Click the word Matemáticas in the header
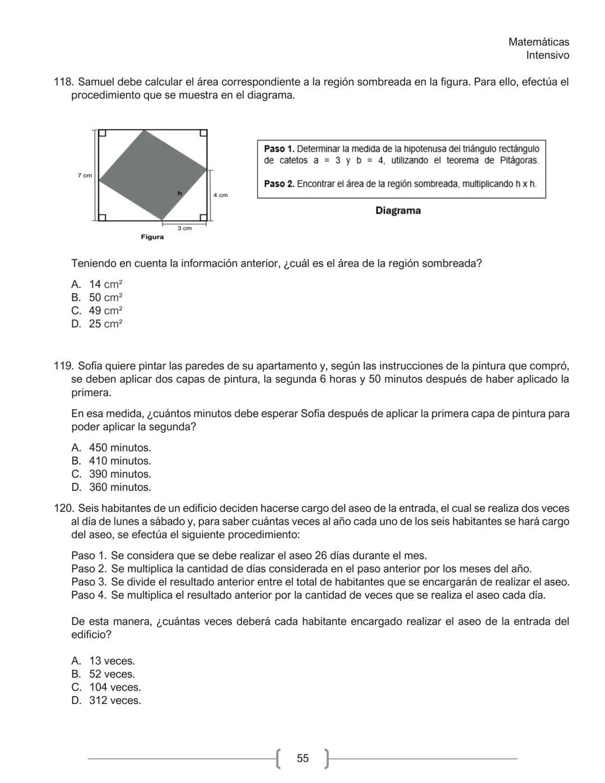[538, 42]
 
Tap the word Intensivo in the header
[547, 55]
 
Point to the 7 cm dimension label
[85, 175]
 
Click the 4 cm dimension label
[220, 195]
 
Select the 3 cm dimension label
[184, 228]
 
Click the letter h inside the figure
[180, 193]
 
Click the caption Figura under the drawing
[152, 237]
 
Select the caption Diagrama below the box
[398, 211]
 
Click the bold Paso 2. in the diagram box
[278, 184]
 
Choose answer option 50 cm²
[105, 298]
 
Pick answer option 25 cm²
[105, 324]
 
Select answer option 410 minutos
[119, 461]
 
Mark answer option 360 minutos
[119, 488]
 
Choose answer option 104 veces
[114, 687]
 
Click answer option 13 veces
[111, 661]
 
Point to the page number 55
[302, 758]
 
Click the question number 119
[63, 367]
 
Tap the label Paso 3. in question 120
[89, 582]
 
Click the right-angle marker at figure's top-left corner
[103, 133]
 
